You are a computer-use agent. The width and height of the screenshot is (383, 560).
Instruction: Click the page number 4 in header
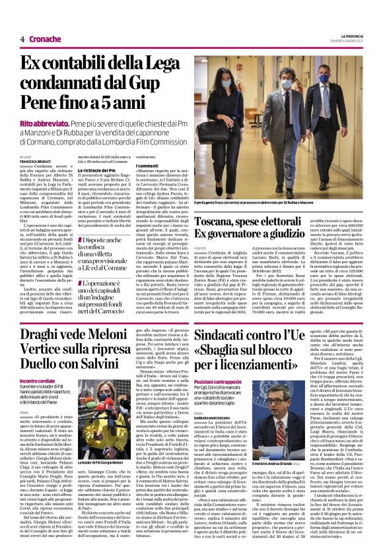tap(22, 39)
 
